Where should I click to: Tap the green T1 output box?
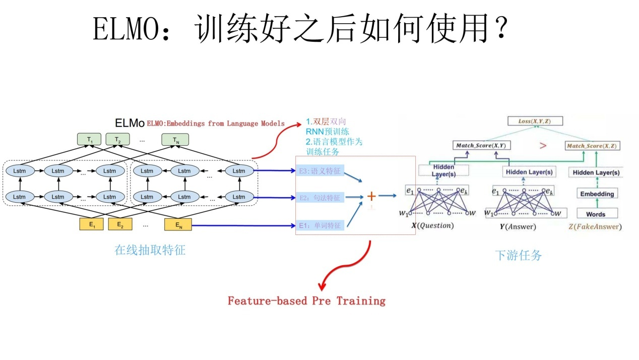tap(89, 140)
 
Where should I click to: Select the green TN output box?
tap(175, 140)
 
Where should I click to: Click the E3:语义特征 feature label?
tap(320, 171)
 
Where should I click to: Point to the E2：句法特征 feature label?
tap(320, 198)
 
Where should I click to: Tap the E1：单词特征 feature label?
tap(320, 225)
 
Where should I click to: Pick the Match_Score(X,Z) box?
tap(593, 146)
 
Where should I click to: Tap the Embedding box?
tap(597, 194)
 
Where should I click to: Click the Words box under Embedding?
tap(596, 214)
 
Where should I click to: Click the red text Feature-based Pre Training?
tap(306, 301)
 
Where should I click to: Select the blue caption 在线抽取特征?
tap(150, 250)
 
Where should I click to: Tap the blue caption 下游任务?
tap(519, 255)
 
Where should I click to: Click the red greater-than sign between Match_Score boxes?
tap(543, 146)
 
